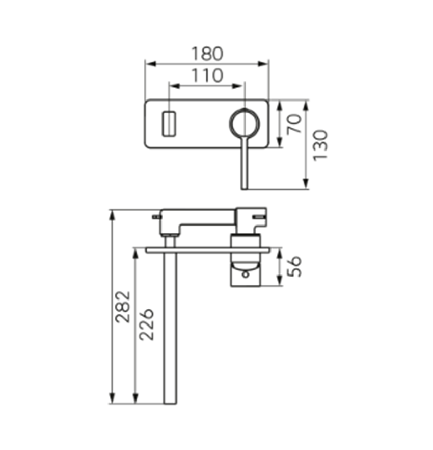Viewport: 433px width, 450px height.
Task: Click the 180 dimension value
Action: (x=207, y=54)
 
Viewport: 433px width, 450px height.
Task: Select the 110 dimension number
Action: (x=207, y=75)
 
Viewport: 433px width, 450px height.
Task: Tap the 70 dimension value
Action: (x=294, y=124)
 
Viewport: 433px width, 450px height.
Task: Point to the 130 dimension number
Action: (x=320, y=145)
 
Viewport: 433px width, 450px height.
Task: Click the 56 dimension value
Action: (x=294, y=267)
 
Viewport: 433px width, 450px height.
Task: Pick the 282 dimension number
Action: (x=123, y=307)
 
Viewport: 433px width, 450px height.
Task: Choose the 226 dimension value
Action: (x=146, y=324)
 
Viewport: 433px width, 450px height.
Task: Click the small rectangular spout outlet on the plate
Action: (x=169, y=124)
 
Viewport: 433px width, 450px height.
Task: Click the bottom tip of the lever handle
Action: (x=245, y=189)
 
